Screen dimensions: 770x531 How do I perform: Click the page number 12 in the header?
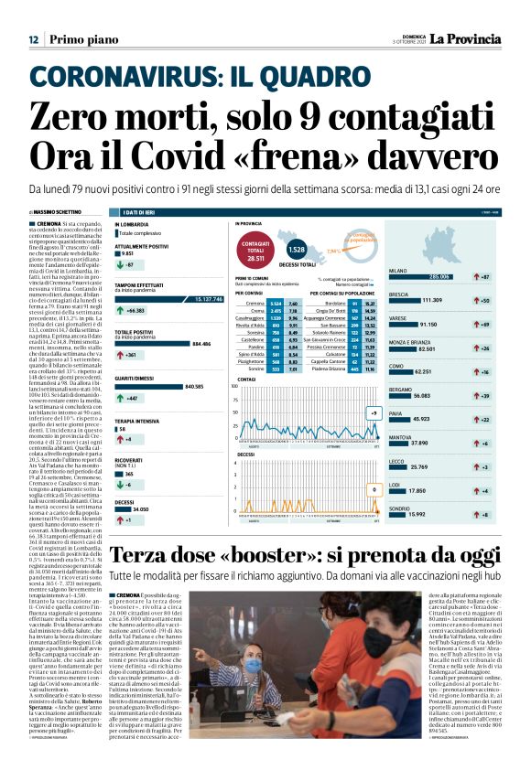point(33,39)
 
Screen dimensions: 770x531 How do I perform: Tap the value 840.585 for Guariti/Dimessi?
point(193,387)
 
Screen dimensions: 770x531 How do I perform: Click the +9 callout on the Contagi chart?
point(374,413)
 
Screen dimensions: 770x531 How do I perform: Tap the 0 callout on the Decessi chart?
point(374,490)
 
